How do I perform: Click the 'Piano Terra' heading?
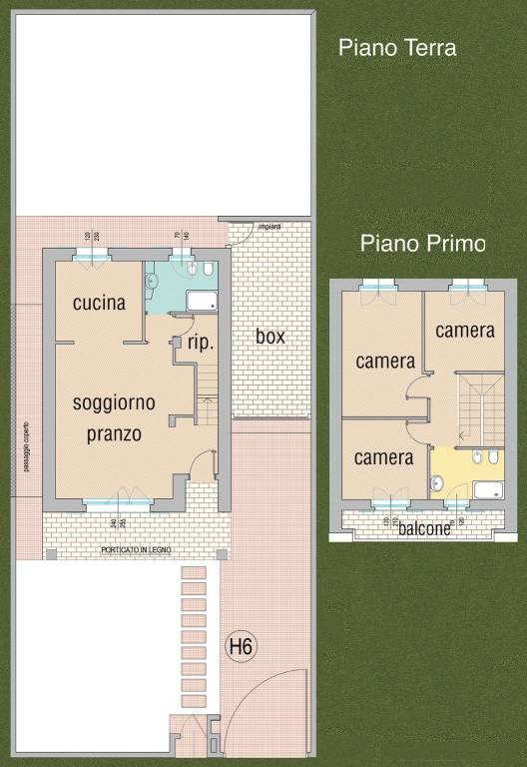click(397, 47)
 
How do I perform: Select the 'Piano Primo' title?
click(422, 243)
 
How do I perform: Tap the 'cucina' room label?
click(100, 303)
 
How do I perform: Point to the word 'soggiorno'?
click(114, 402)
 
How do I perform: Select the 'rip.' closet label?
click(201, 342)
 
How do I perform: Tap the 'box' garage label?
click(269, 337)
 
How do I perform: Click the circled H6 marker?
click(242, 647)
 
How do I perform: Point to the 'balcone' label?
click(424, 529)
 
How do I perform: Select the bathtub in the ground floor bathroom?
click(202, 301)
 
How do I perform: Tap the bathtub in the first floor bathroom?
click(488, 489)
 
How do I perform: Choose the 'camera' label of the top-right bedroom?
click(465, 330)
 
